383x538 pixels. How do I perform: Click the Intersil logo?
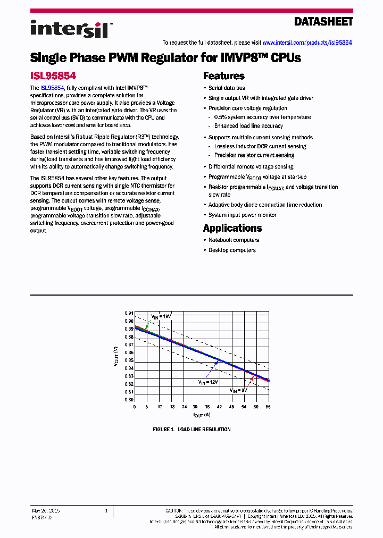point(69,28)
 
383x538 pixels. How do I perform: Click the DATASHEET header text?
point(323,22)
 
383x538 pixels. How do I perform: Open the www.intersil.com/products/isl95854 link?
point(307,43)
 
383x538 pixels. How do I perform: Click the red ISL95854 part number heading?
point(52,76)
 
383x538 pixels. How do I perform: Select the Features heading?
point(224,76)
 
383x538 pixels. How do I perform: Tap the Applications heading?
point(232,228)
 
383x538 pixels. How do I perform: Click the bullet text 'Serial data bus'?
point(227,88)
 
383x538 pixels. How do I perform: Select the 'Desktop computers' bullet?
point(232,250)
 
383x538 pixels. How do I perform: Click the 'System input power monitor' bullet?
point(243,215)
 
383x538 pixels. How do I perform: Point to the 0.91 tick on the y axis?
point(129,313)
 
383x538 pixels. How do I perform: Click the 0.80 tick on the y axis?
point(129,400)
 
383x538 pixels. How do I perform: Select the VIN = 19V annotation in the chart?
point(161,316)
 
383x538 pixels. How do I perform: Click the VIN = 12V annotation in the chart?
point(208,382)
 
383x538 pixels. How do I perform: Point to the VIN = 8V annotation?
point(239,390)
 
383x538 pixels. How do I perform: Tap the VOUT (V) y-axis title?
point(116,356)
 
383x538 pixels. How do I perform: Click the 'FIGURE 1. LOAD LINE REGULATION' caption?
point(191,430)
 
